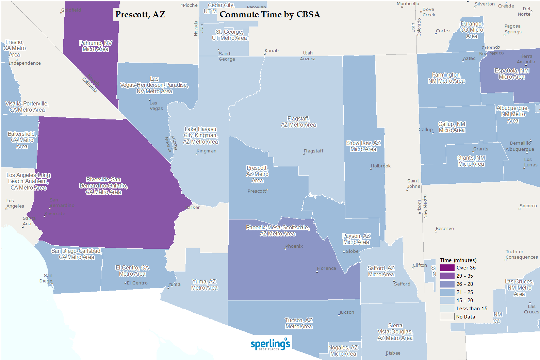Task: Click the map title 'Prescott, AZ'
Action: tap(140, 15)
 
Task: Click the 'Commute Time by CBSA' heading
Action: tap(269, 15)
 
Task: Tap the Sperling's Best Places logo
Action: tap(270, 344)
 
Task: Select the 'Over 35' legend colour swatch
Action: tap(447, 268)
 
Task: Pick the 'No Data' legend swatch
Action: tap(447, 317)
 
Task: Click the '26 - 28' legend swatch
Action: tap(447, 284)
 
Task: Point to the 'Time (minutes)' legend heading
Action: tap(458, 260)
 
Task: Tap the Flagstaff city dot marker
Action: tap(304, 154)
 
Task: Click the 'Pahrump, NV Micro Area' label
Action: tap(96, 46)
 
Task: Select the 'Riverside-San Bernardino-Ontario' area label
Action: tap(103, 186)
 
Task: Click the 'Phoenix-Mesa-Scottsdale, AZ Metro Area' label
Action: tap(278, 230)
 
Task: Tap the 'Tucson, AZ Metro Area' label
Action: tap(299, 323)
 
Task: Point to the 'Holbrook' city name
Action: tap(381, 166)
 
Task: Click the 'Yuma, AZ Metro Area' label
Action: tap(204, 284)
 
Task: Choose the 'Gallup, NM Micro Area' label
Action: tap(452, 127)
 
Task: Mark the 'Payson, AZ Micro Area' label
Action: tap(356, 239)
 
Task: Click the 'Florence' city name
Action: tap(327, 268)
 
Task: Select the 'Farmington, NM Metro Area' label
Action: tap(446, 78)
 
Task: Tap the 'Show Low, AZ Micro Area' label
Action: tap(363, 146)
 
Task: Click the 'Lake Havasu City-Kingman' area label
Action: tap(200, 135)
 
